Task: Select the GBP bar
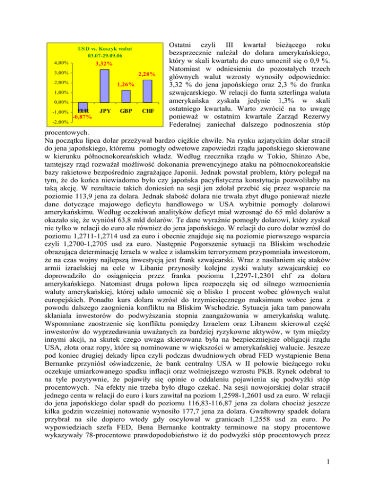(125, 96)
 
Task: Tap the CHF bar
(147, 91)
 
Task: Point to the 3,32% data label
(104, 64)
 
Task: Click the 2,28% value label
(147, 74)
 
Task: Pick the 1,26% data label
(125, 84)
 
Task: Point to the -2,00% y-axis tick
(60, 122)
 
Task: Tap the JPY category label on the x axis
(104, 111)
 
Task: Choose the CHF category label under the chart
(147, 111)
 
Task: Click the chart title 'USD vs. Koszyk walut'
(105, 49)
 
